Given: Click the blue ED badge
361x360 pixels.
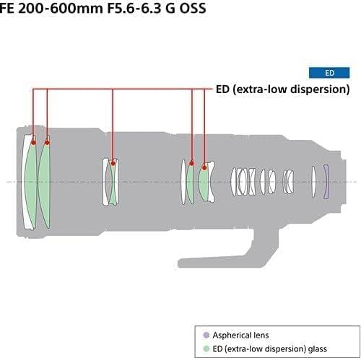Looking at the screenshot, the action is tap(329, 73).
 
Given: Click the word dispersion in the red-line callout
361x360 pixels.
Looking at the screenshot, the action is tap(320, 89).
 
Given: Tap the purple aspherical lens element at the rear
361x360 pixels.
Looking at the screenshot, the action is tap(326, 182).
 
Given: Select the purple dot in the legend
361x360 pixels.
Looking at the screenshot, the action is tap(206, 335).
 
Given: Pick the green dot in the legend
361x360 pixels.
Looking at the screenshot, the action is tap(206, 348).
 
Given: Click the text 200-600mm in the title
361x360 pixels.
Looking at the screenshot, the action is tap(61, 9).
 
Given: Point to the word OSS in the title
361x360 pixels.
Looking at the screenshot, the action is tap(193, 9).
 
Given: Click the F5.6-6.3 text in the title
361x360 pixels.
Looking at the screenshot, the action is tap(134, 9).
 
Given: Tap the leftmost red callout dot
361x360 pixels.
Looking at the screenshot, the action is tap(33, 143).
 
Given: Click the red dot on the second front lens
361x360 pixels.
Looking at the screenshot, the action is tap(47, 143).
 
